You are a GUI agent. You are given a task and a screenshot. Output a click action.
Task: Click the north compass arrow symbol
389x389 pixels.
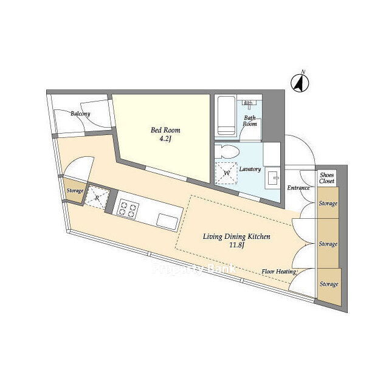tap(300, 83)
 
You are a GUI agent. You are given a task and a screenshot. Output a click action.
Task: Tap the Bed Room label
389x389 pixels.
tap(165, 130)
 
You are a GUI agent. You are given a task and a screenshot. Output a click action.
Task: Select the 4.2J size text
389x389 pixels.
tap(165, 139)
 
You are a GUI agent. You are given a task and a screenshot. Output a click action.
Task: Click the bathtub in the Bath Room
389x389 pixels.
tap(226, 115)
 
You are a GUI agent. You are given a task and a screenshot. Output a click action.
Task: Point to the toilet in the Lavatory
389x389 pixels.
tap(227, 151)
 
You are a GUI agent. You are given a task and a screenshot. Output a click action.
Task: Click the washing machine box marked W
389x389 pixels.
tap(226, 173)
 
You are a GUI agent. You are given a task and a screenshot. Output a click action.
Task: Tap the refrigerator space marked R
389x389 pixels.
tap(97, 198)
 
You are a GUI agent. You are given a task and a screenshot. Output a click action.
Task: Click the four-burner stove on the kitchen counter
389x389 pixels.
tap(129, 209)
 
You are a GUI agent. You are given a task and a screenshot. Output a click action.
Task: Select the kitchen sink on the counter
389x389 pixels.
tap(168, 221)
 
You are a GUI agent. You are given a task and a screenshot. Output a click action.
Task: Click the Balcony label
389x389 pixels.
tap(80, 114)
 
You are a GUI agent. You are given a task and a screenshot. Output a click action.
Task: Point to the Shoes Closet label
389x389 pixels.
tap(327, 178)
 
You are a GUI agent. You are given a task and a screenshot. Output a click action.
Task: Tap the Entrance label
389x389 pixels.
tap(298, 188)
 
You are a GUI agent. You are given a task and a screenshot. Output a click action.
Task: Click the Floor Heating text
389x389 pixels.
tap(279, 272)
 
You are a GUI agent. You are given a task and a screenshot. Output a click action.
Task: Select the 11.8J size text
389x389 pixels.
tap(236, 246)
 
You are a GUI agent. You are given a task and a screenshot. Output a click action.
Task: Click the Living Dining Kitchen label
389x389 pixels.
tap(236, 236)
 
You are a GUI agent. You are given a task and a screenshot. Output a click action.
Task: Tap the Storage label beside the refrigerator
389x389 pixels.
tap(75, 191)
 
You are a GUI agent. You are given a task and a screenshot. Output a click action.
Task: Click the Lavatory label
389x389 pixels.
tap(250, 169)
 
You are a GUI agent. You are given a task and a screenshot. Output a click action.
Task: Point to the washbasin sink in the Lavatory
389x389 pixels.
tap(272, 178)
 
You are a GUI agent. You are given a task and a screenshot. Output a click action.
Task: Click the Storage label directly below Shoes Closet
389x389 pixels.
tap(328, 204)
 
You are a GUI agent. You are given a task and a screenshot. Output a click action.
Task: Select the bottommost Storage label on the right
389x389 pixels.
tap(329, 284)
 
